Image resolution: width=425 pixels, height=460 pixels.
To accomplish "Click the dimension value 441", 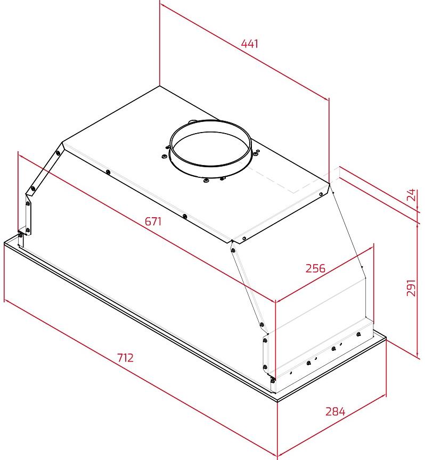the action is coord(249,44).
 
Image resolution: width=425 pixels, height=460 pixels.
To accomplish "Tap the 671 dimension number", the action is coord(153,221).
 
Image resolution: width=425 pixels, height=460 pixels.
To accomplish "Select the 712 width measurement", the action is coord(125,358).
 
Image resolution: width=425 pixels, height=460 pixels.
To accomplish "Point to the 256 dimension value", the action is coord(315,268).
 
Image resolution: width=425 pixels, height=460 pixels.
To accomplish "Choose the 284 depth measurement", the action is coord(335,412).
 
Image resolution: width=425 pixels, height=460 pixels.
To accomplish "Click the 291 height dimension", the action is coord(411,288).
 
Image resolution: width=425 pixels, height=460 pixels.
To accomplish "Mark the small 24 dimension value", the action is coord(412,195).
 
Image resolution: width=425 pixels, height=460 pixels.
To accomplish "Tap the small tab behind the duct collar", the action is coord(193,121).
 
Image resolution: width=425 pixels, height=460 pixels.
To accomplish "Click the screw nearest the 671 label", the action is coord(185,217).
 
